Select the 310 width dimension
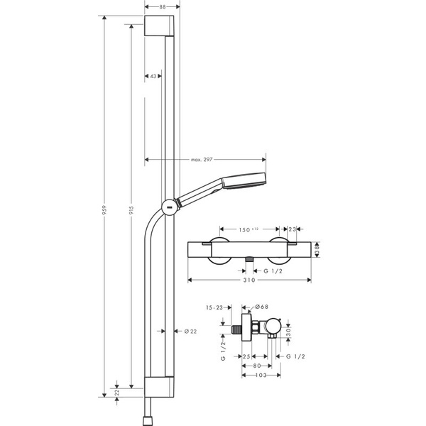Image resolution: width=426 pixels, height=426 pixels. (248, 280)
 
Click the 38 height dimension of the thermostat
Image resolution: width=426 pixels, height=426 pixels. (317, 249)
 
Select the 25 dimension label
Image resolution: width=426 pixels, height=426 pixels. (246, 355)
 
